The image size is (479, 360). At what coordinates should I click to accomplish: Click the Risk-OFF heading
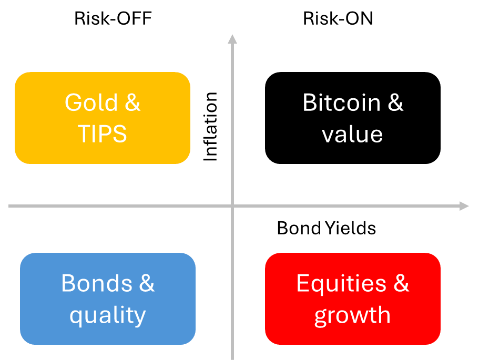click(x=113, y=18)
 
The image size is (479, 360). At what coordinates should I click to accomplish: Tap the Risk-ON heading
click(x=338, y=18)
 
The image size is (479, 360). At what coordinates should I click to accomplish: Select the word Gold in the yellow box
click(x=91, y=102)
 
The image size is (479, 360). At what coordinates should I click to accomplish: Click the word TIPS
click(x=103, y=133)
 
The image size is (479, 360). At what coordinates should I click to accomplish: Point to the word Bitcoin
click(x=342, y=102)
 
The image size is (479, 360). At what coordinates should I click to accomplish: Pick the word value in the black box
click(x=352, y=135)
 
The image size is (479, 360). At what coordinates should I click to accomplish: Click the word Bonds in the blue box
click(x=97, y=283)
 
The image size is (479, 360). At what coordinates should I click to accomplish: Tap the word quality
click(x=108, y=316)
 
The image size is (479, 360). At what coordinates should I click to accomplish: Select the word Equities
click(x=341, y=283)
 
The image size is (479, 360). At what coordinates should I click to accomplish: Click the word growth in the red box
click(x=352, y=316)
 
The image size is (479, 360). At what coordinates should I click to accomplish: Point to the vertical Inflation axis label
click(x=210, y=127)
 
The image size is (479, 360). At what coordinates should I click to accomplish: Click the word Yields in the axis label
click(x=350, y=228)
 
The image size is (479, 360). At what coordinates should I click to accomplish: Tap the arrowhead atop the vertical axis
click(x=232, y=39)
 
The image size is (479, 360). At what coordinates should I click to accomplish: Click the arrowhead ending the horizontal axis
click(x=464, y=206)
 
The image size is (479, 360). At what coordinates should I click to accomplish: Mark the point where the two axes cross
click(x=232, y=206)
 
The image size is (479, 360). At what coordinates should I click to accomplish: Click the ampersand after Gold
click(x=133, y=102)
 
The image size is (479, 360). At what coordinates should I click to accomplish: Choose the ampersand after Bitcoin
click(x=395, y=102)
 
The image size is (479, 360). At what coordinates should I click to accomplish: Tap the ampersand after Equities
click(x=401, y=283)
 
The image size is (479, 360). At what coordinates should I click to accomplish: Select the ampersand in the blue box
click(x=147, y=283)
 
